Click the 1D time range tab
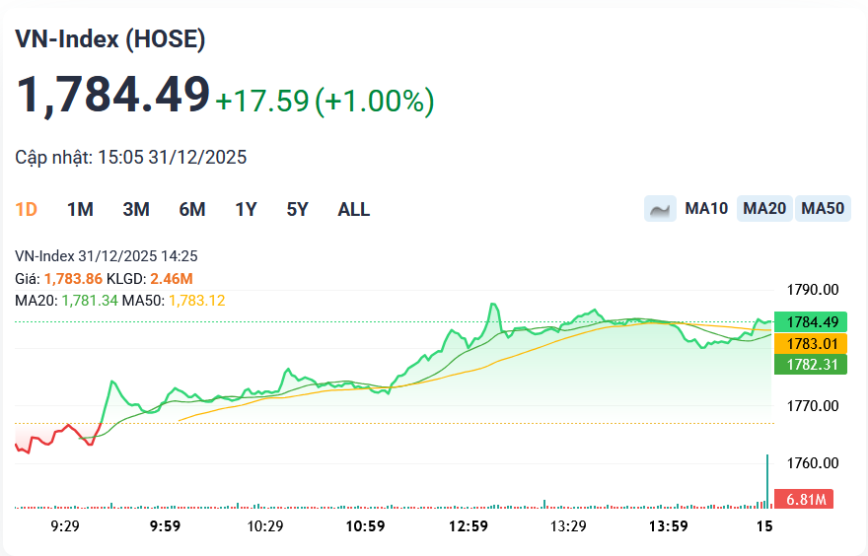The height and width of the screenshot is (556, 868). [27, 209]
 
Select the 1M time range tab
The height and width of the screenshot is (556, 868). [80, 209]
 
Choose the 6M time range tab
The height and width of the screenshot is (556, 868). [191, 209]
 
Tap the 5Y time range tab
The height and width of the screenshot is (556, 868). [297, 209]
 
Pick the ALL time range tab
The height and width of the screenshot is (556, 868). [353, 209]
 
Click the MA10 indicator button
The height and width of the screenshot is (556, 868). [706, 209]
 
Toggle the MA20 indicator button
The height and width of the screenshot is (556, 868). [764, 209]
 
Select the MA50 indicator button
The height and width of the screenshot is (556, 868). [823, 209]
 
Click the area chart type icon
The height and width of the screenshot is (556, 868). [660, 209]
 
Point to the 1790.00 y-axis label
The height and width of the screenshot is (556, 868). [813, 290]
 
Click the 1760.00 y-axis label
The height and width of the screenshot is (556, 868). [813, 463]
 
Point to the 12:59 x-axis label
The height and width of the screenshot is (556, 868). [468, 526]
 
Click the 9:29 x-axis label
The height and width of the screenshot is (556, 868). [64, 526]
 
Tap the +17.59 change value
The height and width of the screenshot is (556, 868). [262, 101]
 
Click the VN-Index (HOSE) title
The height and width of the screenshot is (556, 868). [109, 39]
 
